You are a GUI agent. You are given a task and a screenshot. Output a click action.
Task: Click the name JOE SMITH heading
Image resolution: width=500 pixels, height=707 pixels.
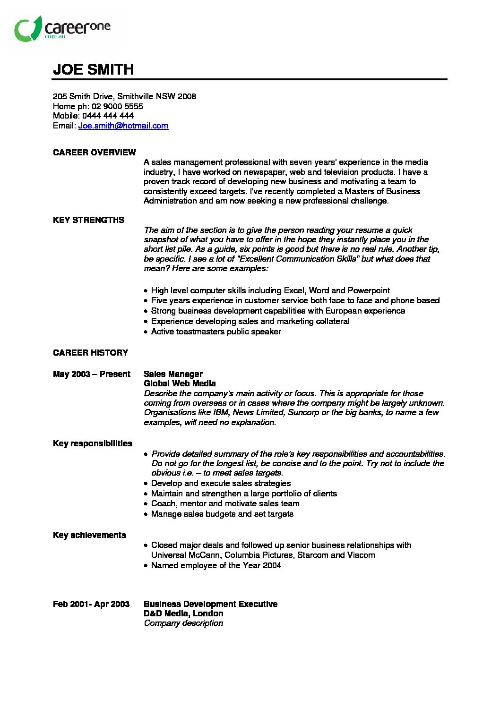click(x=94, y=69)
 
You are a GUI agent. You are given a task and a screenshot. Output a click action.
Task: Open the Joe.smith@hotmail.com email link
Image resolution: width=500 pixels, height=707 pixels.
click(x=123, y=126)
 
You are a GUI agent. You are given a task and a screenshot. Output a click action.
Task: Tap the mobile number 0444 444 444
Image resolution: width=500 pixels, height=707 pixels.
click(x=108, y=116)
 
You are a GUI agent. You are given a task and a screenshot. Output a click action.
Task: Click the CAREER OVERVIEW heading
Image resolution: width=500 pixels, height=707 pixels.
click(x=95, y=153)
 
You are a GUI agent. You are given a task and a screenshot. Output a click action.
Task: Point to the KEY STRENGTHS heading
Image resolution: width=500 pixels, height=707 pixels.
click(x=88, y=220)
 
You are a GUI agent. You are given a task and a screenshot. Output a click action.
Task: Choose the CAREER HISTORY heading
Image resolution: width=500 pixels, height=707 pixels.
click(x=90, y=353)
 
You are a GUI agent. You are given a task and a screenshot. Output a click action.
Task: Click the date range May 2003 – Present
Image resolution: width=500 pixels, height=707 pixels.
click(x=91, y=374)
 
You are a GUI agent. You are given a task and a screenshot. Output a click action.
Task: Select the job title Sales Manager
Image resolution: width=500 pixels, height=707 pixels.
click(x=173, y=374)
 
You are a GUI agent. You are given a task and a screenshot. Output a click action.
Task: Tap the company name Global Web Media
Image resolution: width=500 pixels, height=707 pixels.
click(x=180, y=383)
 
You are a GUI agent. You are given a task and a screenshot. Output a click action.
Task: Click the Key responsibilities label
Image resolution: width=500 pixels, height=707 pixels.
click(x=93, y=443)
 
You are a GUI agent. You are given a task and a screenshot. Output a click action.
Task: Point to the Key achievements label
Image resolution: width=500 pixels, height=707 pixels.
click(x=89, y=535)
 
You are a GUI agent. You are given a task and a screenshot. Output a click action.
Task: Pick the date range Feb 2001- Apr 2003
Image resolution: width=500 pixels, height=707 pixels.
click(x=91, y=604)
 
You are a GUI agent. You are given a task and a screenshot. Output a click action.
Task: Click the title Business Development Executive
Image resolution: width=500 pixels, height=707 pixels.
click(x=210, y=604)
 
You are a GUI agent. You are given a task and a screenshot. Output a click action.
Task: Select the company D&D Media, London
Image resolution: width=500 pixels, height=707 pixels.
click(x=183, y=613)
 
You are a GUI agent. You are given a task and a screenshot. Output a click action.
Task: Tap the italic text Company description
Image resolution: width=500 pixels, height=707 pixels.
click(x=183, y=623)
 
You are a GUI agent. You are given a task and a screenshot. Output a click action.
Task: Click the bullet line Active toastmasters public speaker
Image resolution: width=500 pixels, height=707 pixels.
click(x=216, y=332)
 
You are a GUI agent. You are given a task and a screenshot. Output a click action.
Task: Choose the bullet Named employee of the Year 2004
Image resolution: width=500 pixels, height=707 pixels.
click(x=216, y=565)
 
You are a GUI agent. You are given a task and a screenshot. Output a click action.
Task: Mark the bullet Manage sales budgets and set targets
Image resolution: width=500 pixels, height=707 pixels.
click(x=222, y=514)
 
